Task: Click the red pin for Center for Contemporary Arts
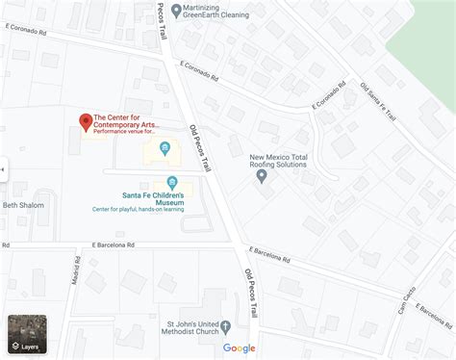85,121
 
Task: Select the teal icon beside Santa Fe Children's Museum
172,182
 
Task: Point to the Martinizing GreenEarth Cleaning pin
175,11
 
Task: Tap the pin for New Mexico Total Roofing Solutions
261,175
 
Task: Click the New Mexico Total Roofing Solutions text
278,160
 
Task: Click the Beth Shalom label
22,205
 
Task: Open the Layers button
26,333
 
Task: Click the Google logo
239,347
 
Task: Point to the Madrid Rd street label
76,277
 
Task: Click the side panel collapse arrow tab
3,170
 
